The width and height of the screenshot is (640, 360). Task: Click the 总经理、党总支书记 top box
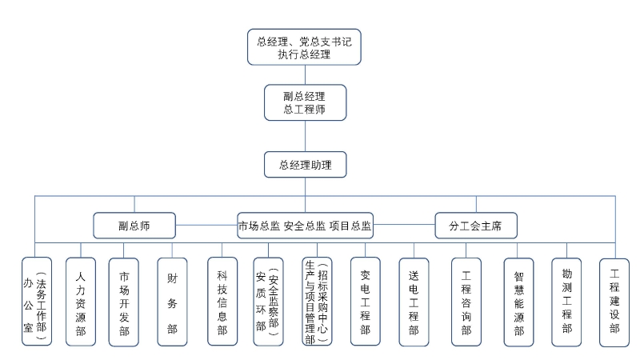click(304, 47)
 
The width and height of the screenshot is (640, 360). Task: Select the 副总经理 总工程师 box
click(306, 102)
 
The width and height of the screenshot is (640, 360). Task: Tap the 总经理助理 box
click(306, 165)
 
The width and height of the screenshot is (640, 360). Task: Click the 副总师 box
click(134, 226)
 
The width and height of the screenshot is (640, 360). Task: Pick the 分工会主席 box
click(476, 226)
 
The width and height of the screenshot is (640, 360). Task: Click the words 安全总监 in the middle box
click(305, 226)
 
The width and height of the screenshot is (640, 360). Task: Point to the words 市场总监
click(259, 226)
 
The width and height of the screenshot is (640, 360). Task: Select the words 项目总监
click(350, 226)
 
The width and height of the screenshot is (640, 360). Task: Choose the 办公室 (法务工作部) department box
click(37, 302)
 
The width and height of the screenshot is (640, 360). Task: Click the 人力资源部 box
click(81, 302)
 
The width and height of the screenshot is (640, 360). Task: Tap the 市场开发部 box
click(124, 302)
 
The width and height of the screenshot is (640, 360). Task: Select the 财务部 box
click(172, 302)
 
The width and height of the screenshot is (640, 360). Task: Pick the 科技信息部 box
click(222, 302)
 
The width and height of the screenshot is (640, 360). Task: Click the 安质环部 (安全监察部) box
click(268, 302)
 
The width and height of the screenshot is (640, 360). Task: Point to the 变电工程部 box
click(366, 302)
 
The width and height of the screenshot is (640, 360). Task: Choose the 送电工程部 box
click(414, 302)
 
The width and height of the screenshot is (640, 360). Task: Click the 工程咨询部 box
click(466, 302)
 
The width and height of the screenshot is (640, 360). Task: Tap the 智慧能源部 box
click(518, 302)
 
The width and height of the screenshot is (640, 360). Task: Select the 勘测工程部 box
click(566, 302)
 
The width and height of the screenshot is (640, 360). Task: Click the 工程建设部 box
click(614, 302)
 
